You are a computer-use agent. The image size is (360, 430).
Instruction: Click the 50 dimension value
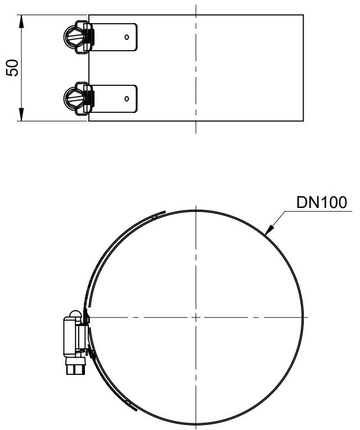tap(12, 68)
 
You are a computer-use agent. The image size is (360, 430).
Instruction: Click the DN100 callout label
tap(322, 202)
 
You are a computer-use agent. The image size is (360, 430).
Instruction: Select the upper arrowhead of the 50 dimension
tap(21, 21)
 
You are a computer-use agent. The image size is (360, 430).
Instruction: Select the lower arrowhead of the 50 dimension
tap(21, 114)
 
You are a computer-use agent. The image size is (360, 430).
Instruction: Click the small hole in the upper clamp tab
tap(127, 37)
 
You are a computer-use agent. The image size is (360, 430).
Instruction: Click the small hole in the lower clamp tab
tap(127, 98)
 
